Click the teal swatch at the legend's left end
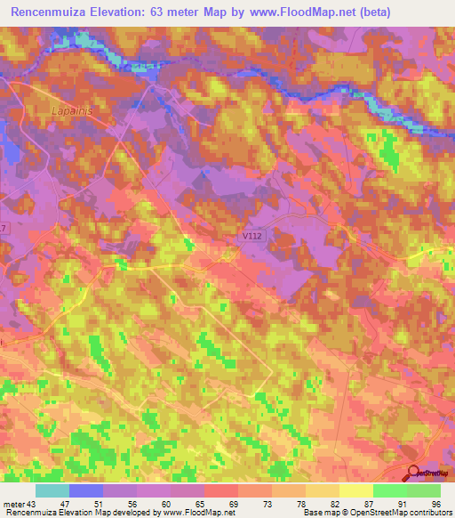coord(52,490)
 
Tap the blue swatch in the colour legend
coord(86,490)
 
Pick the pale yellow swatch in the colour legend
coord(355,490)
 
